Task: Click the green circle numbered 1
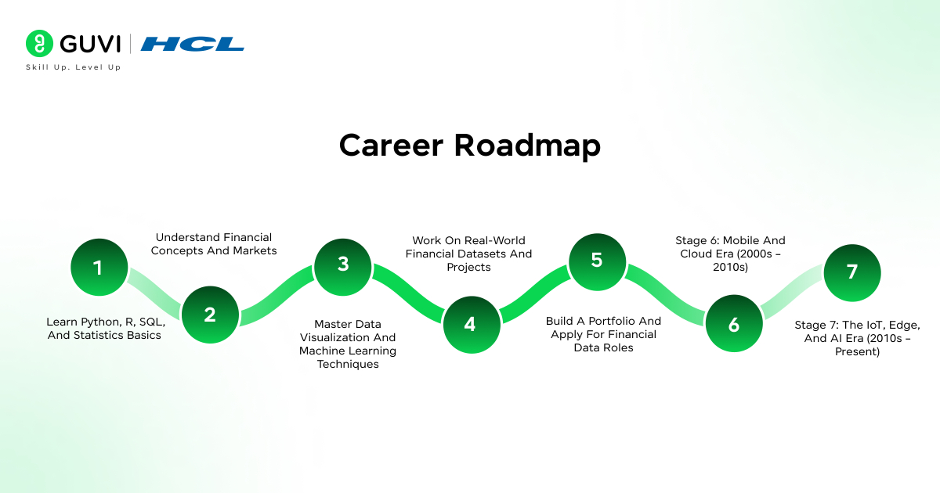coord(98,268)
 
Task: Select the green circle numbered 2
coord(209,315)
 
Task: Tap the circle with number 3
coord(343,264)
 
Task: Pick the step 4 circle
coord(470,324)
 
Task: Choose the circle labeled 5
coord(597,261)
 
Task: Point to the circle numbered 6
coord(734,324)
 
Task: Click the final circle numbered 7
coord(852,272)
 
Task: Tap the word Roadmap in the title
coord(528,146)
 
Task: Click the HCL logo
coord(193,44)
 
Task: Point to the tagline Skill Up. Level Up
coord(74,67)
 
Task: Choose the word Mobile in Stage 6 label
coord(752,240)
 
